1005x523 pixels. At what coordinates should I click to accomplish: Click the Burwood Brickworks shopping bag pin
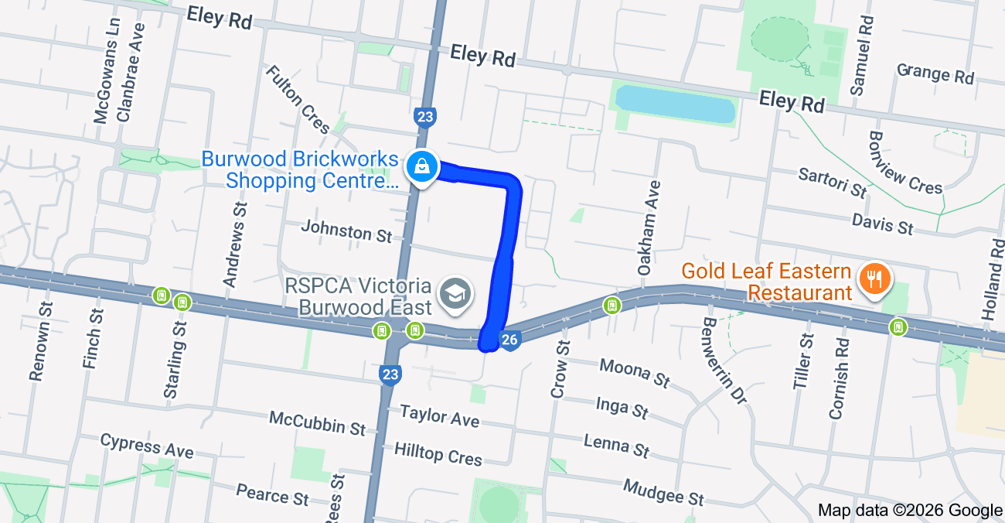point(421,166)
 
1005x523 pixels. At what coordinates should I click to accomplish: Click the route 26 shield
point(509,340)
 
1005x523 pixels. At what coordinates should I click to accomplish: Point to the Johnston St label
point(346,231)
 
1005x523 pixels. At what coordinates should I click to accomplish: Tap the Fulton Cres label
point(298,99)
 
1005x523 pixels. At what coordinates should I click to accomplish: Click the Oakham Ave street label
point(649,228)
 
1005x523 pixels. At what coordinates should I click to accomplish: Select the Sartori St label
point(833,181)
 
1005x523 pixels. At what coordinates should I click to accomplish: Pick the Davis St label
point(882,223)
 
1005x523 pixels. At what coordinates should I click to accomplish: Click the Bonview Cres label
point(905,162)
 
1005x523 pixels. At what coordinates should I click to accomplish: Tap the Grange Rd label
point(935,73)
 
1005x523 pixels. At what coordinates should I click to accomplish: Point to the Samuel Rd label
point(860,55)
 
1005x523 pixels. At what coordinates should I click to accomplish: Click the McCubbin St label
point(317,422)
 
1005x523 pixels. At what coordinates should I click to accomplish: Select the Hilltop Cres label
point(438,453)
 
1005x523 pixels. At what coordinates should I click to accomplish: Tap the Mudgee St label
point(663,491)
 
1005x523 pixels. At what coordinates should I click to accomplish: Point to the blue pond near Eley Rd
point(674,104)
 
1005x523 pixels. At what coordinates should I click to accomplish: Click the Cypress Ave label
point(147,446)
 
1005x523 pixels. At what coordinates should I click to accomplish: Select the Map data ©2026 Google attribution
point(910,511)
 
